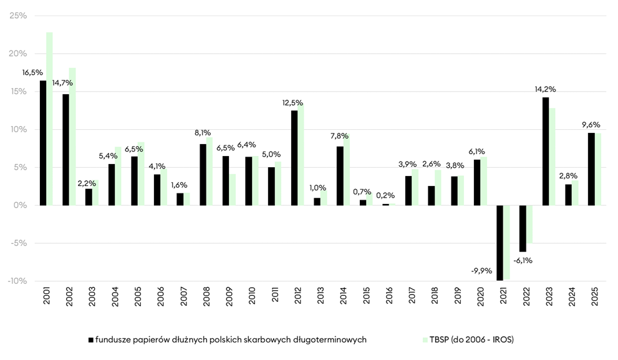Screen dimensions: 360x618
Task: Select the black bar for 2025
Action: pyautogui.click(x=591, y=168)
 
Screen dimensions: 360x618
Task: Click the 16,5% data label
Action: pyautogui.click(x=32, y=73)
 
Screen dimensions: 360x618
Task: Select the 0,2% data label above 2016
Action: pyautogui.click(x=385, y=195)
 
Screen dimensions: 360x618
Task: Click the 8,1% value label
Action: pyautogui.click(x=203, y=132)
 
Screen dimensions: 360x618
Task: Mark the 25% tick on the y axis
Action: pyautogui.click(x=18, y=16)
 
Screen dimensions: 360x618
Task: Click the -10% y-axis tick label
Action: pyautogui.click(x=16, y=281)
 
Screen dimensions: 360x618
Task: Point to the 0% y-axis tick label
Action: pyautogui.click(x=21, y=205)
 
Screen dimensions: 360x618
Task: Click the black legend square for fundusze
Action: pyautogui.click(x=91, y=340)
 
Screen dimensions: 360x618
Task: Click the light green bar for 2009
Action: pyautogui.click(x=233, y=190)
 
